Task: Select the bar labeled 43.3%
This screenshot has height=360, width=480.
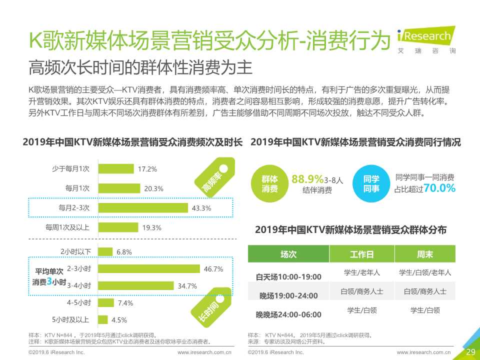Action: pos(142,207)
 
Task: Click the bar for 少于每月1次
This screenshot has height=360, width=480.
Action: pos(115,169)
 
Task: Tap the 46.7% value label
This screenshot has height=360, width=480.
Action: pos(213,269)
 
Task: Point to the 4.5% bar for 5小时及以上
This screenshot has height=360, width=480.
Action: pos(102,319)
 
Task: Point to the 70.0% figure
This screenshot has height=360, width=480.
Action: pos(439,188)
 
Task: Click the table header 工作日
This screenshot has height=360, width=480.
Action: pos(361,254)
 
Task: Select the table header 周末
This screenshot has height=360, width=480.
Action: pos(424,254)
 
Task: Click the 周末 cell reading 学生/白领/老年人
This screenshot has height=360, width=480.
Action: pos(424,272)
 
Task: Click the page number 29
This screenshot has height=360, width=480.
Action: pos(470,352)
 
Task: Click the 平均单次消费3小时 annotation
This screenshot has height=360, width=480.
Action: pos(49,277)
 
